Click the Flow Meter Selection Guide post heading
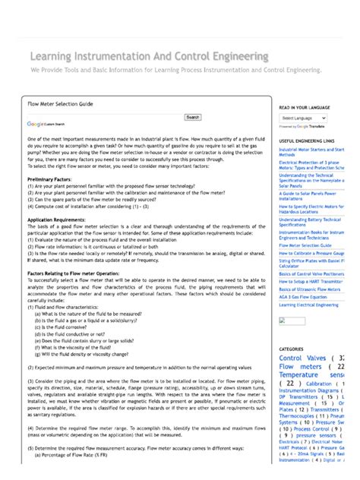pos(60,102)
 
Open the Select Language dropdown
pos(302,118)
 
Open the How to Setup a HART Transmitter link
pos(311,281)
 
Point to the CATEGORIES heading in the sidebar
pos(292,349)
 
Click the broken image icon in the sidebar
pos(283,321)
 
